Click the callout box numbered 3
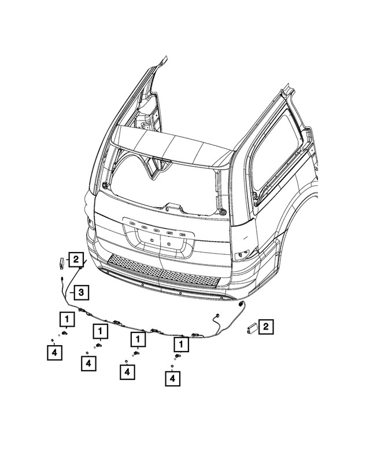click(x=81, y=292)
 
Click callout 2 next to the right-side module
click(x=266, y=327)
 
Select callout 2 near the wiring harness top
click(x=76, y=259)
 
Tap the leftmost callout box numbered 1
click(x=66, y=318)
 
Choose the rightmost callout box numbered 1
click(x=182, y=345)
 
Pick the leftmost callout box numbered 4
click(x=54, y=352)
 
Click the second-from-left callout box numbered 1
click(x=101, y=331)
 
